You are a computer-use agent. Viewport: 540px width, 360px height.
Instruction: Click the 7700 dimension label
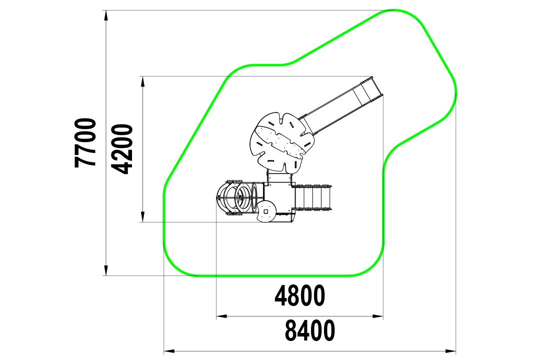point(84,143)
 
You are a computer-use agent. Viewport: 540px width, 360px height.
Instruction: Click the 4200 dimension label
point(122,149)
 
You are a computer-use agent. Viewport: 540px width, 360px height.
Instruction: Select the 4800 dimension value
point(299,295)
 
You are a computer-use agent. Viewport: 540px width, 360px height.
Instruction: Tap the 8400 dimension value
point(310,330)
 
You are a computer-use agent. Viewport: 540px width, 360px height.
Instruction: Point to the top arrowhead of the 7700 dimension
point(106,15)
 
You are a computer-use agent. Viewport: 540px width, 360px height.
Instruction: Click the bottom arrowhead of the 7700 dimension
point(106,270)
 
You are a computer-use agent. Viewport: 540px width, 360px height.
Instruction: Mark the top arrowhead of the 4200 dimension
point(142,81)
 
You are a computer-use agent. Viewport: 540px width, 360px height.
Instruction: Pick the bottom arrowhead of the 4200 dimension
point(142,216)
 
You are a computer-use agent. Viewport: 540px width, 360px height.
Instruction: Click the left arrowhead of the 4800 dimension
point(222,316)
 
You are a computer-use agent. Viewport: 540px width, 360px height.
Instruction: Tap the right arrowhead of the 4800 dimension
point(378,316)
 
